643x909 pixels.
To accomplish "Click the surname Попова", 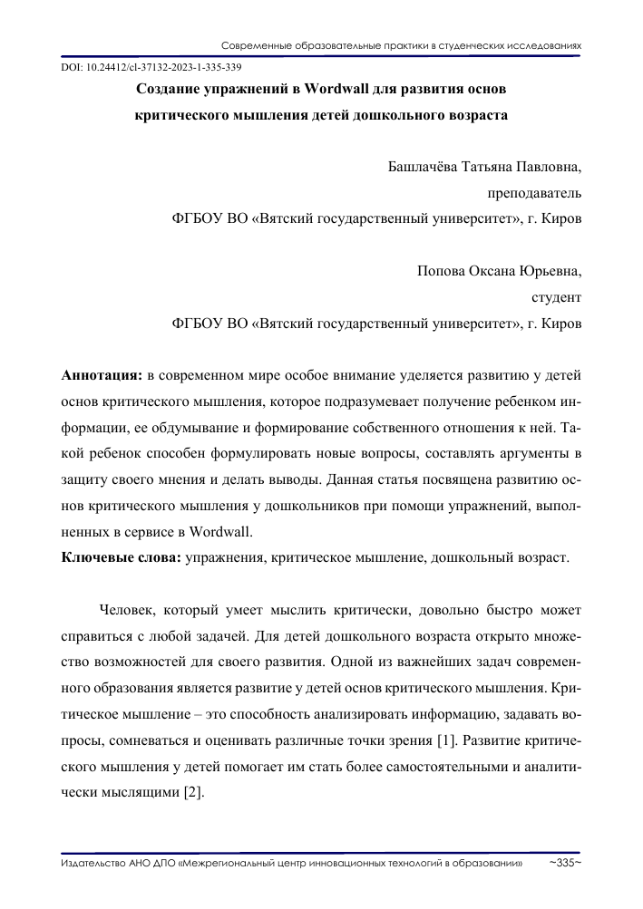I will tap(439, 271).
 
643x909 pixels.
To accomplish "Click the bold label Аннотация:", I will tap(101, 374).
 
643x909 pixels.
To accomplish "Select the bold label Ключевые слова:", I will tap(121, 557).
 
